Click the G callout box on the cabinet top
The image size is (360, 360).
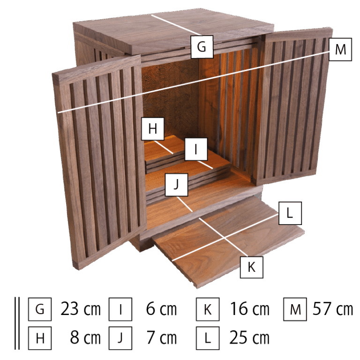pyautogui.click(x=202, y=47)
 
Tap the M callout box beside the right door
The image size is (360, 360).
pyautogui.click(x=340, y=49)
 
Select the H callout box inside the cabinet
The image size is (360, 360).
pyautogui.click(x=153, y=128)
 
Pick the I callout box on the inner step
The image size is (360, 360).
pyautogui.click(x=196, y=149)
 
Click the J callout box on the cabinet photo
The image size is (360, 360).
pyautogui.click(x=176, y=185)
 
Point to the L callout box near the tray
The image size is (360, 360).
pyautogui.click(x=290, y=213)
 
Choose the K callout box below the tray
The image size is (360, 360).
pyautogui.click(x=251, y=267)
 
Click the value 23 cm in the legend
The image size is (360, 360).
pyautogui.click(x=81, y=309)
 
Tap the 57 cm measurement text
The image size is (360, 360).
pyautogui.click(x=333, y=309)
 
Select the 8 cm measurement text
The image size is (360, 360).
pyautogui.click(x=85, y=337)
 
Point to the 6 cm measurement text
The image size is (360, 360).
pyautogui.click(x=161, y=309)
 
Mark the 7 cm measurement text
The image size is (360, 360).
pyautogui.click(x=162, y=337)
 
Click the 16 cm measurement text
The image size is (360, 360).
pyautogui.click(x=249, y=309)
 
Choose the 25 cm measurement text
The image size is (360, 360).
pyautogui.click(x=249, y=337)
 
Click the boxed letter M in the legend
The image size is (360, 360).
pyautogui.click(x=295, y=309)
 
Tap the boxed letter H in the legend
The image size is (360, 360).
pyautogui.click(x=40, y=338)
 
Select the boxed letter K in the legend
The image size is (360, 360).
pyautogui.click(x=208, y=309)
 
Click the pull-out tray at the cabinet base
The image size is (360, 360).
pyautogui.click(x=227, y=241)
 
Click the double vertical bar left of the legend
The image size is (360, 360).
pyautogui.click(x=17, y=323)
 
